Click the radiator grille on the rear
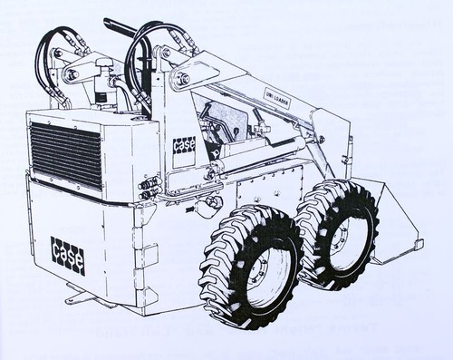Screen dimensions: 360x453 pyautogui.click(x=66, y=154)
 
